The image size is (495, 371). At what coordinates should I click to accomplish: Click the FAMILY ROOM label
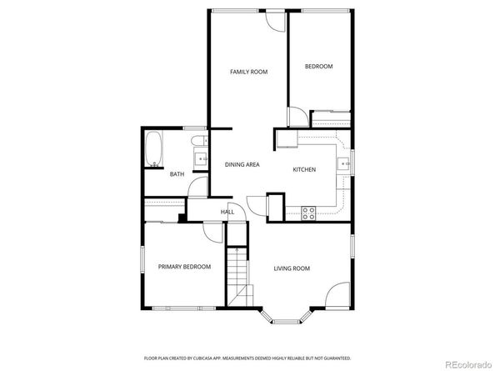pyautogui.click(x=248, y=73)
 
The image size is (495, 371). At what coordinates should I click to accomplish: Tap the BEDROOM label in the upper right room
pyautogui.click(x=318, y=67)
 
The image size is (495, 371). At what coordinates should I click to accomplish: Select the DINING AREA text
pyautogui.click(x=242, y=164)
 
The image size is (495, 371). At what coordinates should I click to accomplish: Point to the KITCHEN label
pyautogui.click(x=303, y=170)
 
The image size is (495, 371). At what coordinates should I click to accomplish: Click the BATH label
pyautogui.click(x=177, y=174)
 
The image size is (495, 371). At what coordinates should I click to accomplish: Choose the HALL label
pyautogui.click(x=227, y=213)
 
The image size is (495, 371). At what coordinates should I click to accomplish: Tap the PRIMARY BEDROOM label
pyautogui.click(x=184, y=267)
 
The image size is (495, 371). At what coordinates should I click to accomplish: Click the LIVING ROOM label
pyautogui.click(x=292, y=268)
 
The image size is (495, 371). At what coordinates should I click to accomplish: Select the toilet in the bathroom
pyautogui.click(x=197, y=140)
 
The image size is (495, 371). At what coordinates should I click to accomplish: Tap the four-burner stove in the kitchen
pyautogui.click(x=308, y=213)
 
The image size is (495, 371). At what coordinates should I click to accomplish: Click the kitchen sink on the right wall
pyautogui.click(x=343, y=163)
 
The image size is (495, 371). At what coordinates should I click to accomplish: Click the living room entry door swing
pyautogui.click(x=337, y=296)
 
